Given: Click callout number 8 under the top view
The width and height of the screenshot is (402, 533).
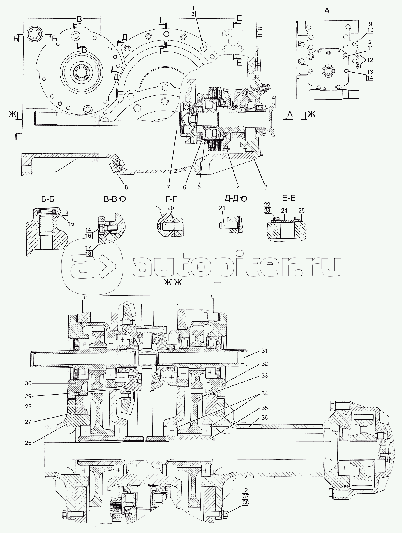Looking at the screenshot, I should click(x=126, y=187).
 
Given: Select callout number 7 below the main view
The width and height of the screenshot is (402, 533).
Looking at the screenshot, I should click(x=169, y=187).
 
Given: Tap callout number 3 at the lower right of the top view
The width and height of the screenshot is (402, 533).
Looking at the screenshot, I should click(x=265, y=187).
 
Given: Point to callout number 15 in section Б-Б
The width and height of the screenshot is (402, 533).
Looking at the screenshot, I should click(x=71, y=224).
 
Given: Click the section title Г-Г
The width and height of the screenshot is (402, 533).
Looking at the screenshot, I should click(x=171, y=199).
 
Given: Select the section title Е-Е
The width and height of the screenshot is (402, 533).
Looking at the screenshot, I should click(x=289, y=198).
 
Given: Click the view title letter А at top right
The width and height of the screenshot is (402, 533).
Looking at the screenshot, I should click(x=327, y=11).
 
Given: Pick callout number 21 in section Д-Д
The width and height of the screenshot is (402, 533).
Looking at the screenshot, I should click(x=222, y=208).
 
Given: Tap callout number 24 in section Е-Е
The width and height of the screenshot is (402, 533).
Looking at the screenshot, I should click(x=284, y=210).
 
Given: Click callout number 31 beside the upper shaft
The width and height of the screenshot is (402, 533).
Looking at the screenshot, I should click(x=264, y=351).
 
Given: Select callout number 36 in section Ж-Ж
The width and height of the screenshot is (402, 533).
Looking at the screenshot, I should click(x=264, y=418).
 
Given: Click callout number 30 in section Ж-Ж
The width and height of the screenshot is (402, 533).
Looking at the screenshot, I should click(x=28, y=383).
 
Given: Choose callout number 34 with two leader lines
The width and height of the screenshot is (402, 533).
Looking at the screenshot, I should click(x=264, y=393).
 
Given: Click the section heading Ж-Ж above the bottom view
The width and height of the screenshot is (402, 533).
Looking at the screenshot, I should click(x=173, y=282).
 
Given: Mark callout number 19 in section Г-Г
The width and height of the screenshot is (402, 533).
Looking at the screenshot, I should click(x=158, y=208).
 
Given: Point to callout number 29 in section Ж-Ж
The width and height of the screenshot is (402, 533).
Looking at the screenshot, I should click(x=28, y=396).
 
